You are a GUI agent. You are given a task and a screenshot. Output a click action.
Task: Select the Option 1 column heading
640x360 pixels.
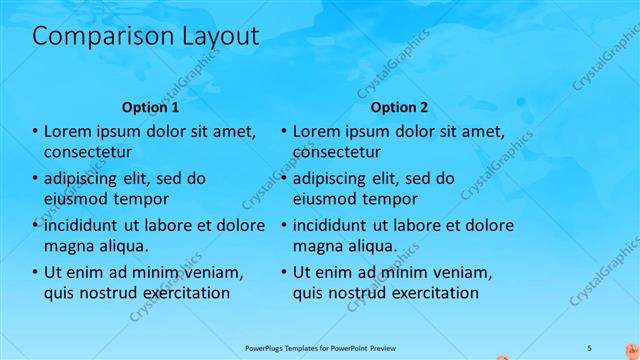[x=150, y=106]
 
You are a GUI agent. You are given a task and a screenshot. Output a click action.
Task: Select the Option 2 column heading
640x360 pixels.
[x=399, y=106]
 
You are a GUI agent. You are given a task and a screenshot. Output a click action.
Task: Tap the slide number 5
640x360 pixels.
[x=590, y=346]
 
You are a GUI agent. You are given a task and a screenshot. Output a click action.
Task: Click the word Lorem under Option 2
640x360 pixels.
[x=320, y=131]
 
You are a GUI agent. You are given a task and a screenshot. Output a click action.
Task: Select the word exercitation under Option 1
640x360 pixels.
[x=180, y=293]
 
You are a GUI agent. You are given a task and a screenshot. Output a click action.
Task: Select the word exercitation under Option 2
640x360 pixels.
[x=429, y=293]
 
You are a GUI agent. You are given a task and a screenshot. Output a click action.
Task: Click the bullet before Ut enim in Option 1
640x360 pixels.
[x=34, y=272]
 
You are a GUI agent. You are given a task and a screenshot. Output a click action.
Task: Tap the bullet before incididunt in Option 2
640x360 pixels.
[x=284, y=225]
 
